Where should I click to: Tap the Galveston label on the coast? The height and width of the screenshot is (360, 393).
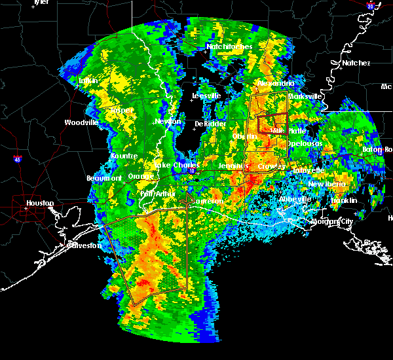[x=86, y=245]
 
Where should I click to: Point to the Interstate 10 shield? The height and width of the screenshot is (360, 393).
[x=192, y=171]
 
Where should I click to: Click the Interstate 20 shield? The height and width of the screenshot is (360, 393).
[x=371, y=6]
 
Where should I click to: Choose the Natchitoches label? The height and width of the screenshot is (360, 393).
[x=225, y=47]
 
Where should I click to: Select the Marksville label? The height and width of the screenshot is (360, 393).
[x=306, y=96]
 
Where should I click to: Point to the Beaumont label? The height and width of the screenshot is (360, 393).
[x=104, y=178]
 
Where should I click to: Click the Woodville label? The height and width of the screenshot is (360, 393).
[x=81, y=122]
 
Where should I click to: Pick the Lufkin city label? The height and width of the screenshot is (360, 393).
[x=88, y=81]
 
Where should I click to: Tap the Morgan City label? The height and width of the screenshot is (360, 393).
[x=334, y=221]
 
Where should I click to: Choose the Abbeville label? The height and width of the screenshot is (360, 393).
[x=294, y=199]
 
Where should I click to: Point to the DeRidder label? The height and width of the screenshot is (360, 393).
[x=210, y=124]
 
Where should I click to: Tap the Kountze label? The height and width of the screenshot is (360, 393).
[x=124, y=156]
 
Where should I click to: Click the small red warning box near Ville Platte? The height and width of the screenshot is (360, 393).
[x=272, y=123]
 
